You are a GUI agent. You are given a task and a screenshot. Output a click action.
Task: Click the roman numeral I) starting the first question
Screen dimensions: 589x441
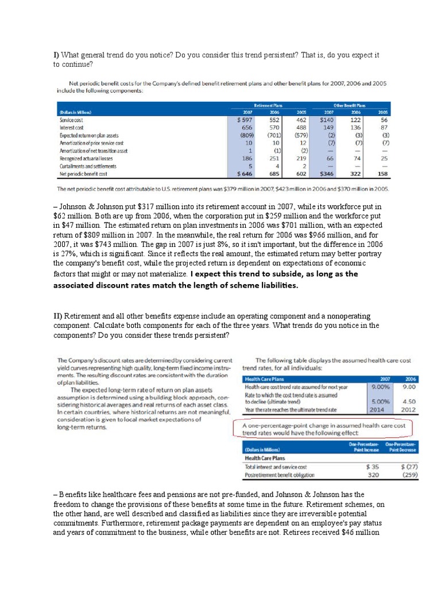56,55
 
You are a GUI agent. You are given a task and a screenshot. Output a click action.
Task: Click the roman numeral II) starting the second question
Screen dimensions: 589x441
58,316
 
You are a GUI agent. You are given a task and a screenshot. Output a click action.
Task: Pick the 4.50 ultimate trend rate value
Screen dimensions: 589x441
409,402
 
